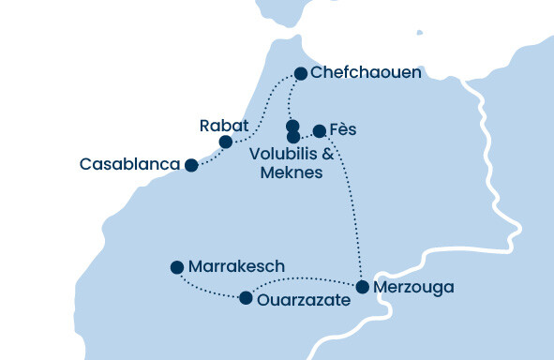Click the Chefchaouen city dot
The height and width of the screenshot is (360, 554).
301,73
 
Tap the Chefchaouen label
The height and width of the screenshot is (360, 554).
367,73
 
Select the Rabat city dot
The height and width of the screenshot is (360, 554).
225,142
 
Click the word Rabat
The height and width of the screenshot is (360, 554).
224,125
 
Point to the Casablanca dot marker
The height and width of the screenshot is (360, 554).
191,165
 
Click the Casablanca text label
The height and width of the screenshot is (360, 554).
129,165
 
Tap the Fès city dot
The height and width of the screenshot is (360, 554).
319,130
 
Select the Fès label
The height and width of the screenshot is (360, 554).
345,129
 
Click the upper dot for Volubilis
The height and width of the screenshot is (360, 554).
292,126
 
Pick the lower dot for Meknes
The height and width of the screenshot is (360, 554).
292,137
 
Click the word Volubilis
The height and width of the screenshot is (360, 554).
283,155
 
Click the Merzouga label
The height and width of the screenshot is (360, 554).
412,287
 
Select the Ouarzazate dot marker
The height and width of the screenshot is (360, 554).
246,298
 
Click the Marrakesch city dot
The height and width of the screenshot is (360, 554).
176,267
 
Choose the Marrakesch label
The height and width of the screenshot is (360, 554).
236,267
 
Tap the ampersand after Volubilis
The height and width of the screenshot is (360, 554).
328,155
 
